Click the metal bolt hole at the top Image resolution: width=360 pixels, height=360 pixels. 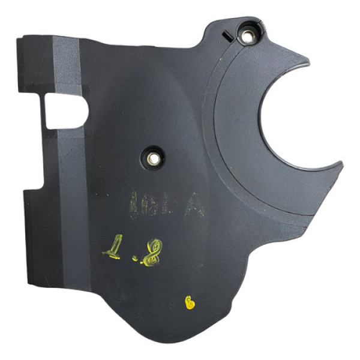[247, 35]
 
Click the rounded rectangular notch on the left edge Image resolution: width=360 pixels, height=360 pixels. [65, 112]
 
